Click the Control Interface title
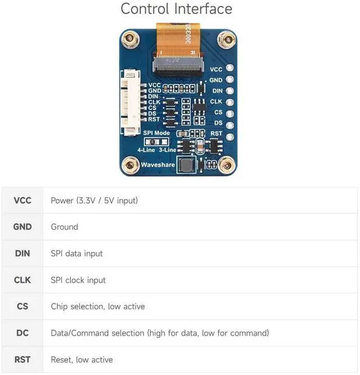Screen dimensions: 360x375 pyautogui.click(x=176, y=9)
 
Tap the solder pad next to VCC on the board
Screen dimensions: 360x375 pyautogui.click(x=229, y=68)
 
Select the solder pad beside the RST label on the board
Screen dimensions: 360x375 pyautogui.click(x=230, y=137)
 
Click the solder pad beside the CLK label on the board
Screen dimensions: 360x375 pyautogui.click(x=230, y=102)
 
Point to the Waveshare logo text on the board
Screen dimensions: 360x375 pyautogui.click(x=158, y=165)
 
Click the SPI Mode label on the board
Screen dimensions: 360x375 pyautogui.click(x=156, y=133)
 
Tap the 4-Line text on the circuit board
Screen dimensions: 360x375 pyautogui.click(x=146, y=150)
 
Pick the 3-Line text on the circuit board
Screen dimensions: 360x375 pyautogui.click(x=168, y=150)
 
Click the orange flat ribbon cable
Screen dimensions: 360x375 pyautogui.click(x=178, y=40)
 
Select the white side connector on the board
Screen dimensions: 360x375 pyautogui.click(x=130, y=103)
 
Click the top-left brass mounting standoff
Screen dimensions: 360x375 pyautogui.click(x=130, y=38)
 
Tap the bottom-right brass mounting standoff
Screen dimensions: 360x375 pyautogui.click(x=227, y=165)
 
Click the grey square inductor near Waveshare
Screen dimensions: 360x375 pyautogui.click(x=187, y=165)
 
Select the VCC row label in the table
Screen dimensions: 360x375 pyautogui.click(x=22, y=201)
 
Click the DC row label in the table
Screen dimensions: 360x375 pyautogui.click(x=22, y=333)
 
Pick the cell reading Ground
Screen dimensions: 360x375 pyautogui.click(x=65, y=227)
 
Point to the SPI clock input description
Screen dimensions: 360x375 pyautogui.click(x=78, y=281)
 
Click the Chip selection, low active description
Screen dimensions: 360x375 pyautogui.click(x=98, y=306)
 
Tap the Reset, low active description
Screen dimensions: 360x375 pyautogui.click(x=82, y=360)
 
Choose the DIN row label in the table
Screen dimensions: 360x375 pyautogui.click(x=22, y=254)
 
